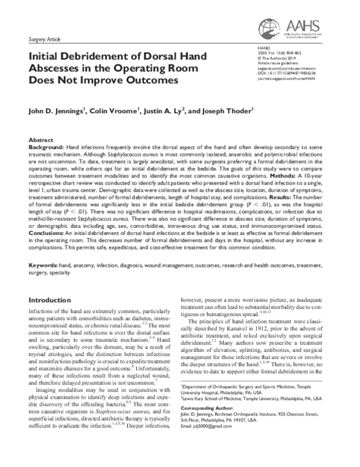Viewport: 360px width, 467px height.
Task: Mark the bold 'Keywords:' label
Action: point(46,264)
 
